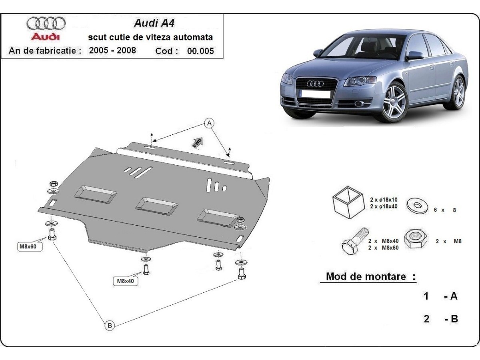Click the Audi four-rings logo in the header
pos(46,23)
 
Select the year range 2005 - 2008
pos(112,50)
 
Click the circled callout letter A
pos(209,124)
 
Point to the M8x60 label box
pos(28,246)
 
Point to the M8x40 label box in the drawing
pos(125,281)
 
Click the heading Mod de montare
pos(371,276)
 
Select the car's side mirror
pos(414,55)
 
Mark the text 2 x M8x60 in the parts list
pos(383,247)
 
